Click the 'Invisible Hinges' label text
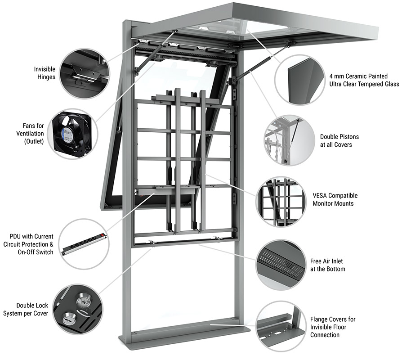coord(45,73)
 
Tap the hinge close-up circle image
coord(85,74)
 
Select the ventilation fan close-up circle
coord(72,134)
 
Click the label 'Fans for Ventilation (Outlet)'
coord(30,134)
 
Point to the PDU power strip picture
coord(85,244)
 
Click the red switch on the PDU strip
coord(103,235)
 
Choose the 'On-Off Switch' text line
coord(36,252)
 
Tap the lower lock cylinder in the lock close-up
coord(69,319)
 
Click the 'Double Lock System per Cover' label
coord(25,310)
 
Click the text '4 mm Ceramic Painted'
coord(358,76)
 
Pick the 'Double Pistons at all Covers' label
coord(339,140)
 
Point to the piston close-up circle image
coord(290,140)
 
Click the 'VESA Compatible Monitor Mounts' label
coord(335,199)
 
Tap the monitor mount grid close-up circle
coord(281,202)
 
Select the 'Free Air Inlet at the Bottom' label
coord(327,265)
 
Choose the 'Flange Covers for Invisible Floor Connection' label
coord(332,327)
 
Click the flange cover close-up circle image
coord(281,326)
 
